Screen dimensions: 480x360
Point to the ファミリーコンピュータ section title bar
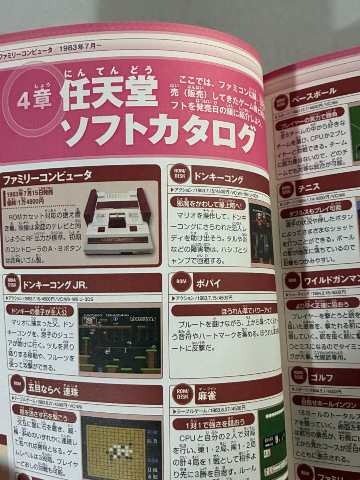48,175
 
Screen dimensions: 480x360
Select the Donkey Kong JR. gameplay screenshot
120,340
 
